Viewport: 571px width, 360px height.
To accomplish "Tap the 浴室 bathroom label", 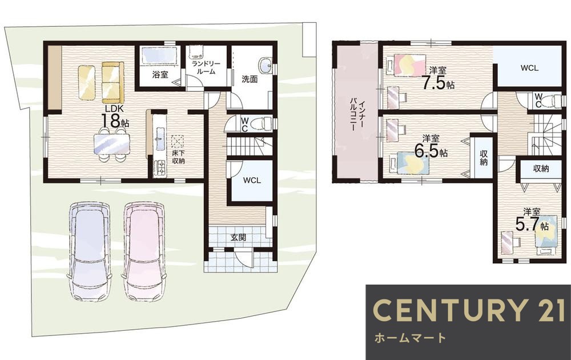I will [x=160, y=75].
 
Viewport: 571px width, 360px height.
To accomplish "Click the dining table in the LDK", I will [x=111, y=141].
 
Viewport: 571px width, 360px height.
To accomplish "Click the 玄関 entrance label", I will [x=238, y=237].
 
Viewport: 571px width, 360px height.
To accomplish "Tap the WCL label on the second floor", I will [x=529, y=67].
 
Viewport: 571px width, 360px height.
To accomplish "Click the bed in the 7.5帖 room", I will [x=407, y=65].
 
